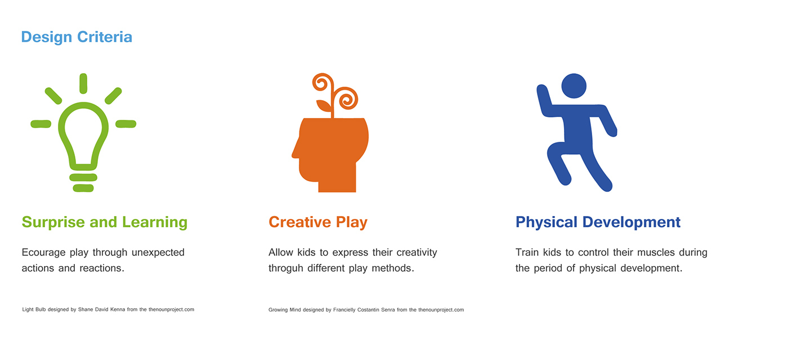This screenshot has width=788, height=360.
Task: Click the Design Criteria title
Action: (77, 37)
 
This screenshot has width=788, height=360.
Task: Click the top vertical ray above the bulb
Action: (83, 83)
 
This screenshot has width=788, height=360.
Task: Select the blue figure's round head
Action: (574, 86)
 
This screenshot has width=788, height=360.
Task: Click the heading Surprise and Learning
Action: (105, 222)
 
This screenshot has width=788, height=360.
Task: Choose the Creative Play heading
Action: (318, 222)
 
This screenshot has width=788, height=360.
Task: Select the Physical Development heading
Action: (598, 222)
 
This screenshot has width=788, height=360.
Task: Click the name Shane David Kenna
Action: (101, 309)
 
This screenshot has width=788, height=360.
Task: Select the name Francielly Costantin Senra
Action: (364, 310)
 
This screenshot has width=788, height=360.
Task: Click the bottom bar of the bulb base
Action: (83, 188)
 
